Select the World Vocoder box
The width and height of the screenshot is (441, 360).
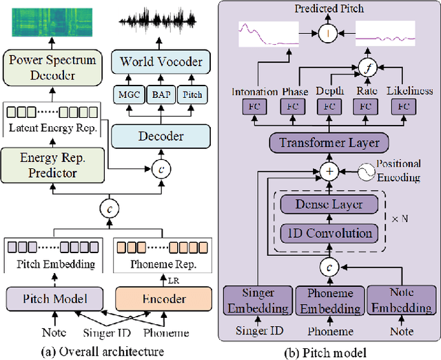coord(161,62)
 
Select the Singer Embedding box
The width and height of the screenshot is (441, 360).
coord(256,300)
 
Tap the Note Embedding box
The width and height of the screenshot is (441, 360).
coord(401,300)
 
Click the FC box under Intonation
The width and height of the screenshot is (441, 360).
coord(256,107)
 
